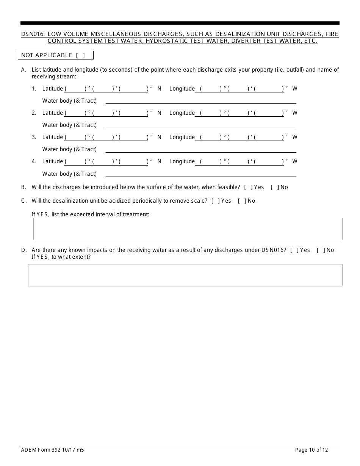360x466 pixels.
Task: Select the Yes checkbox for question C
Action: click(x=215, y=201)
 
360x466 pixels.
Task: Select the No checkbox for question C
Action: click(x=242, y=201)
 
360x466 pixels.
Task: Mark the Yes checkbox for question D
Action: click(x=294, y=250)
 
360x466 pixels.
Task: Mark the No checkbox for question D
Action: click(x=321, y=250)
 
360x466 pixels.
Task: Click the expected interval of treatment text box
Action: click(x=188, y=229)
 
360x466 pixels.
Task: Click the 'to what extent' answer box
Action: click(x=185, y=275)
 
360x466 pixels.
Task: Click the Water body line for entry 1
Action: click(x=201, y=101)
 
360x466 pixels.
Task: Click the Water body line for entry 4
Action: click(x=201, y=174)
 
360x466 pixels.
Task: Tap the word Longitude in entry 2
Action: click(x=182, y=113)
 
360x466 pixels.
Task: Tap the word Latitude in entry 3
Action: click(x=52, y=137)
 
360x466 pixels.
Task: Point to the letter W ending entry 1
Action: click(x=295, y=89)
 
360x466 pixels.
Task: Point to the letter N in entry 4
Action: click(x=159, y=161)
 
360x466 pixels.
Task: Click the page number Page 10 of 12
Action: click(x=311, y=450)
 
